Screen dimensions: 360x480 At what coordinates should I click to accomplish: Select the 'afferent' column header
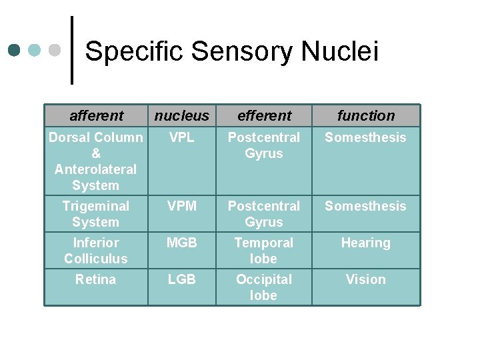pyautogui.click(x=96, y=115)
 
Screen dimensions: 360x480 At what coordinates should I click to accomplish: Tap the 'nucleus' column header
pyautogui.click(x=181, y=115)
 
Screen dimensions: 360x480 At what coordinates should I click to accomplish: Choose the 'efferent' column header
pyautogui.click(x=264, y=115)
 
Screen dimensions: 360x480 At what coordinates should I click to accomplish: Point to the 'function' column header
pyautogui.click(x=365, y=115)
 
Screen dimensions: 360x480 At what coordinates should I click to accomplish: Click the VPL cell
pyautogui.click(x=181, y=137)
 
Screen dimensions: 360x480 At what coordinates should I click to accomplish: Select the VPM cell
pyautogui.click(x=181, y=206)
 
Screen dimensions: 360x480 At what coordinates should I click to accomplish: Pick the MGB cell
pyautogui.click(x=181, y=243)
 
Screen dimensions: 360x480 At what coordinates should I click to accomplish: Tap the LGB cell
pyautogui.click(x=181, y=279)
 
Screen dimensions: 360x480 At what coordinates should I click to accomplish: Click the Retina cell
pyautogui.click(x=95, y=279)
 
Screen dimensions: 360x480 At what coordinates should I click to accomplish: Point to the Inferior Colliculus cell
pyautogui.click(x=95, y=251)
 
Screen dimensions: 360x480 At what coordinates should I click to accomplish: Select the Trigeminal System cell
pyautogui.click(x=95, y=214)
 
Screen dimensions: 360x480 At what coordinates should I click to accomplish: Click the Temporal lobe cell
pyautogui.click(x=264, y=251)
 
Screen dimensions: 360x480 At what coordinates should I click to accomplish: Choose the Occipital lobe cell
pyautogui.click(x=264, y=287)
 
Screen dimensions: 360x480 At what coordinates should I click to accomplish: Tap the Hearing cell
pyautogui.click(x=365, y=243)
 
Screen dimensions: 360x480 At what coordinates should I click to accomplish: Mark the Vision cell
pyautogui.click(x=365, y=279)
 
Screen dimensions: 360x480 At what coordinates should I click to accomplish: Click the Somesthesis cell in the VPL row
pyautogui.click(x=365, y=137)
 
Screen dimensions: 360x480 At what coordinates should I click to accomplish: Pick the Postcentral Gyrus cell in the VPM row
pyautogui.click(x=264, y=214)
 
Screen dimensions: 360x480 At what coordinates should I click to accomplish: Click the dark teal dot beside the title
pyautogui.click(x=15, y=50)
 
